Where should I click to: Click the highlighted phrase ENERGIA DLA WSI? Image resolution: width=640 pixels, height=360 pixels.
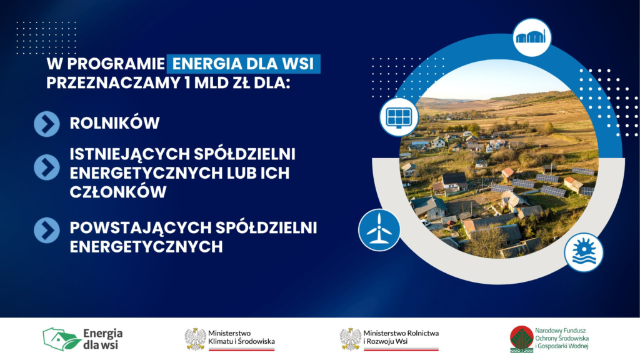(x=244, y=64)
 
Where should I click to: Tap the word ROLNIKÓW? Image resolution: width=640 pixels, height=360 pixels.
(x=114, y=123)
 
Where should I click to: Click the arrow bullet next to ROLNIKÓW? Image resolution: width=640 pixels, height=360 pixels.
(x=47, y=123)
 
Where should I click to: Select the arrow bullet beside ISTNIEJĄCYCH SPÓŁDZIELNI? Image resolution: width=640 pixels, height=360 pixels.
(x=47, y=166)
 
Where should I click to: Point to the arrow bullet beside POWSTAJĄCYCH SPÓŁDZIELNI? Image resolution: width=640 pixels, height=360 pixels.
(x=47, y=230)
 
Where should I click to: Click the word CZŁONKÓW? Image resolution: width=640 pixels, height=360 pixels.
(x=118, y=192)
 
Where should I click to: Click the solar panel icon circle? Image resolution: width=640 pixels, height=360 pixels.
(x=399, y=117)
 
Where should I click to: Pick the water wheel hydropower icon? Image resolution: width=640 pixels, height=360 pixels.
(x=583, y=252)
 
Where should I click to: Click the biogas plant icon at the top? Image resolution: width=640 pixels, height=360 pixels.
(x=531, y=37)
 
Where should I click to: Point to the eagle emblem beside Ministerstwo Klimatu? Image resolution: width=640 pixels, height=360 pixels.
(x=196, y=338)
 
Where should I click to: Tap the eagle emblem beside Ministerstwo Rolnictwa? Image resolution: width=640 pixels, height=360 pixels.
(x=350, y=338)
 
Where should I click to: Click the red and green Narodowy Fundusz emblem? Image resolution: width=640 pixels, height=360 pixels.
(x=521, y=339)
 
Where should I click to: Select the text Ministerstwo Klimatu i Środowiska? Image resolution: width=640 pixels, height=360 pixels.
(x=242, y=337)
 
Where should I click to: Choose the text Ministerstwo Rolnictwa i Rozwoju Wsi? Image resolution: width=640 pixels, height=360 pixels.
(x=401, y=336)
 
